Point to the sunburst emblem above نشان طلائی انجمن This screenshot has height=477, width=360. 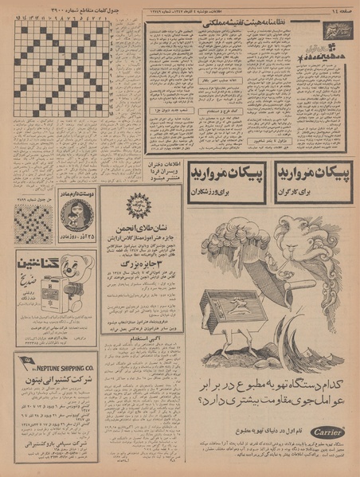pos(137,202)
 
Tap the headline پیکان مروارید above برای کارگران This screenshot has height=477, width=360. pos(314,174)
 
